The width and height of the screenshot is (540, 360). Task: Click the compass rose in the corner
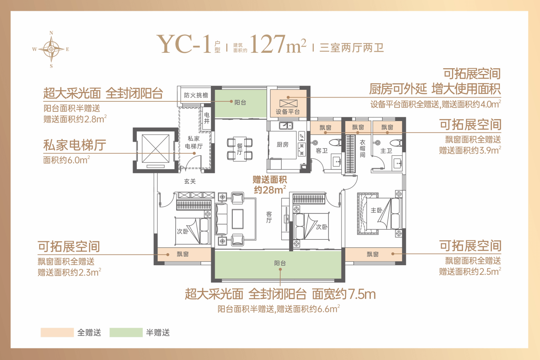[51, 49]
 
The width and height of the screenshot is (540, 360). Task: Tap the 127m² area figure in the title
[278, 44]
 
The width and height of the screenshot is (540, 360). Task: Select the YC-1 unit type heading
[184, 44]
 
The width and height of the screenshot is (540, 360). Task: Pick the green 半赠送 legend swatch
[126, 332]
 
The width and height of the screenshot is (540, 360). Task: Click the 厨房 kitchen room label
[283, 145]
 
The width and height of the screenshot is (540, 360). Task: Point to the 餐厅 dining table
[240, 149]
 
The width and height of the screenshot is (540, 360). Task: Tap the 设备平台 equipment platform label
[288, 112]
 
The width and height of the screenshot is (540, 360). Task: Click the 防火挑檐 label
[196, 95]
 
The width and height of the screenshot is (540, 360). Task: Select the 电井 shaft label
[207, 118]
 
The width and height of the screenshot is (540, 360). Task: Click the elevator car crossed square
[155, 149]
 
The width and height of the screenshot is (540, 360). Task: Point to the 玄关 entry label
[190, 181]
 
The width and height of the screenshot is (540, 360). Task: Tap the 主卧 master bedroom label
[376, 210]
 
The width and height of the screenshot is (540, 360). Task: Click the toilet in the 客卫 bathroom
[335, 143]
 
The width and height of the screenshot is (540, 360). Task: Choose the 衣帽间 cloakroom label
[363, 148]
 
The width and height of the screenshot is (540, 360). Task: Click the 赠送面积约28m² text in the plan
[270, 185]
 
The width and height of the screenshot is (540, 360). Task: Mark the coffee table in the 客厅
[237, 219]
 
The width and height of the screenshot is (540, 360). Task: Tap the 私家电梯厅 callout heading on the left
[75, 145]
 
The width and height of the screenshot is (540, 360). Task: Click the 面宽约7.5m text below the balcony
[344, 294]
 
